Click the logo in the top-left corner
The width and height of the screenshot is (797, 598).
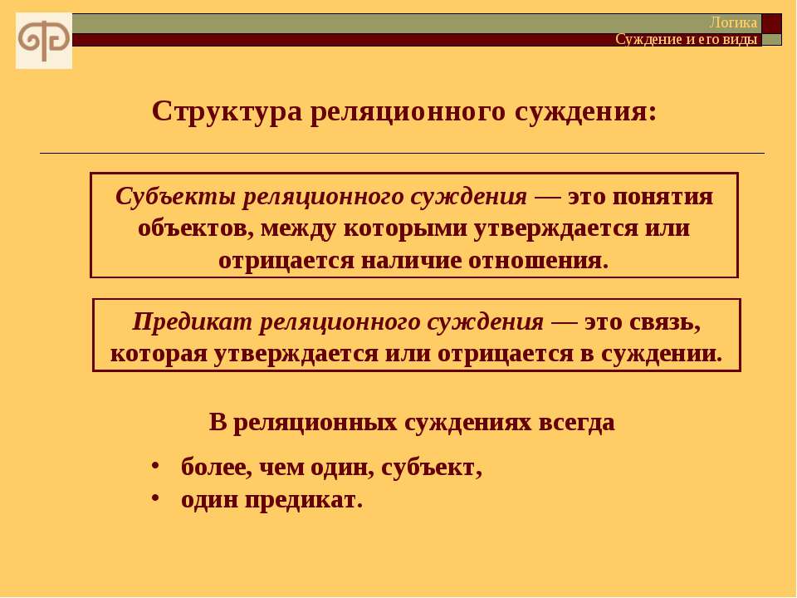[44, 41]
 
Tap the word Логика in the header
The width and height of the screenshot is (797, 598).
[733, 23]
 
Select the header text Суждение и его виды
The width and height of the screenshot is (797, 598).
[687, 39]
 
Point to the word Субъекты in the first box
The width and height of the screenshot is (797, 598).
[175, 196]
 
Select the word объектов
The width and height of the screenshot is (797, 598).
[195, 228]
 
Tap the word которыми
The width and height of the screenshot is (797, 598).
[405, 229]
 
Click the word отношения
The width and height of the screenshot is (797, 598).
[538, 261]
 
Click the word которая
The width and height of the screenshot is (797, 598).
[159, 355]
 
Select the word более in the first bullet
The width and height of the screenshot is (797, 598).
[217, 468]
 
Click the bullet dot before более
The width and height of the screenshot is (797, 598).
[155, 465]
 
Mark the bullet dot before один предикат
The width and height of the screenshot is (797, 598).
[155, 497]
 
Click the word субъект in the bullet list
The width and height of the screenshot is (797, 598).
[431, 468]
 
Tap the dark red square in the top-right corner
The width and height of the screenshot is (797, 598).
[771, 23]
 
